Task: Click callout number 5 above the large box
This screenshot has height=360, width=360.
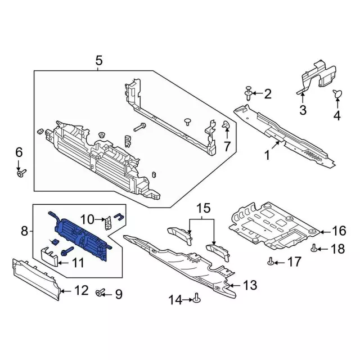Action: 99,61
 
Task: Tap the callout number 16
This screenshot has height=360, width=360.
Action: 339,231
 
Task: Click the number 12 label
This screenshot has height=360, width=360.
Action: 82,291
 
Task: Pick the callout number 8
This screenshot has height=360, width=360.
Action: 24,231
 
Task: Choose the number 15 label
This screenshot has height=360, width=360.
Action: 202,209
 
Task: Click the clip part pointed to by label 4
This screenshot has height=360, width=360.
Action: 337,94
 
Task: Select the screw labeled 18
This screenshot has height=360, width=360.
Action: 315,248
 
